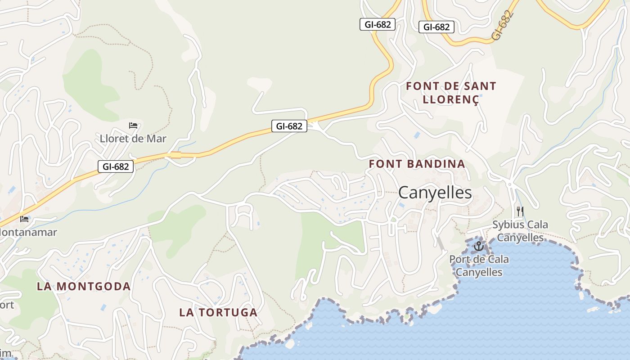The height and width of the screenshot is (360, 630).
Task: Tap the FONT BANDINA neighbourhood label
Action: pos(417,164)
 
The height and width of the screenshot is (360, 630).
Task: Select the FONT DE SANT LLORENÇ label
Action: pos(451,93)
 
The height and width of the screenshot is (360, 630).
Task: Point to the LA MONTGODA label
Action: pos(84,286)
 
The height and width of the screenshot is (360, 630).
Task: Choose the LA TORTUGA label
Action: pos(218,312)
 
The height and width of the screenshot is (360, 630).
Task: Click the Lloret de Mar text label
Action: pos(133,139)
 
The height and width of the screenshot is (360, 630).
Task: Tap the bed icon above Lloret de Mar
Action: pos(133,125)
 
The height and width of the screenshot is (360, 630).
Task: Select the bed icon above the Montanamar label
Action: pos(24,219)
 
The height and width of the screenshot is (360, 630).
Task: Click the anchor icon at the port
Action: pos(478,246)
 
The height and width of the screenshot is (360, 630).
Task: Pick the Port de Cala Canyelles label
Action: pos(479,265)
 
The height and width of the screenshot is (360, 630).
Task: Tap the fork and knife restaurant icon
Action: pos(520,211)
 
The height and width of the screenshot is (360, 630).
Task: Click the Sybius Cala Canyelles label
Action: pos(520,231)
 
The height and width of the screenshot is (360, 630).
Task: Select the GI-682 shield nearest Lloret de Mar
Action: pos(116,166)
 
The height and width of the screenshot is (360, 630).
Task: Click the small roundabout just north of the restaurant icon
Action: pos(509,184)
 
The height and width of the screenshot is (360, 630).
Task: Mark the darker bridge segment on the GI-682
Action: pos(175,155)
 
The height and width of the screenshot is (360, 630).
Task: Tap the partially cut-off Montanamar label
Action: pos(28,232)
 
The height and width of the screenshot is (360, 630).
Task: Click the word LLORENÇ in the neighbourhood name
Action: pos(451,99)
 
